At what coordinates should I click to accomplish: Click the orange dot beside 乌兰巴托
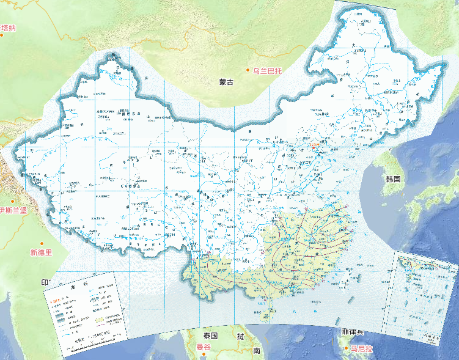249,71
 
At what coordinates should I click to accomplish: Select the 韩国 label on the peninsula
392,179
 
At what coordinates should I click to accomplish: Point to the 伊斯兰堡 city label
13,211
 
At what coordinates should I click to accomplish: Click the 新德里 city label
41,252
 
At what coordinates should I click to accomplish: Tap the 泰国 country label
211,336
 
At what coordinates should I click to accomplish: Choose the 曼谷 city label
203,347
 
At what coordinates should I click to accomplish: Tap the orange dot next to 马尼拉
345,348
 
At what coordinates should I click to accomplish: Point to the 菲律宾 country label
353,331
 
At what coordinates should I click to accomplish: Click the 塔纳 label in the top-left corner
9,28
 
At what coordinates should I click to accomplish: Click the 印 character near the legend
45,282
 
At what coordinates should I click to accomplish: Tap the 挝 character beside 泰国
241,336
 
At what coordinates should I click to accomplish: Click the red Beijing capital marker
314,147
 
